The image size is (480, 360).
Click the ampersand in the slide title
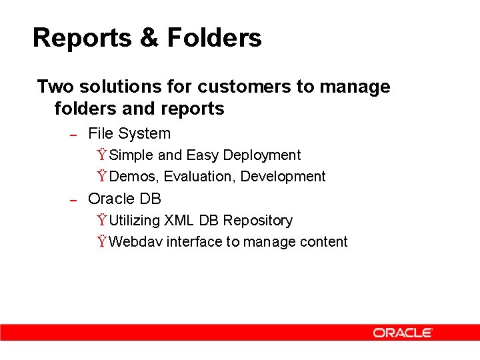click(149, 38)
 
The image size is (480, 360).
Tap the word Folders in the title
click(214, 38)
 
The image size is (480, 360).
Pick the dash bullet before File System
click(75, 135)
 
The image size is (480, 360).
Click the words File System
click(129, 133)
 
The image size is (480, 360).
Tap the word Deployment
click(262, 155)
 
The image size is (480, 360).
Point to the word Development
click(283, 177)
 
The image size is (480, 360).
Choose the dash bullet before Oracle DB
click(75, 200)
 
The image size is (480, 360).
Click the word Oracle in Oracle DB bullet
click(111, 199)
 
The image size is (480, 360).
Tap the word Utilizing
click(135, 221)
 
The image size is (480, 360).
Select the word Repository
click(258, 221)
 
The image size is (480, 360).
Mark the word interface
click(194, 242)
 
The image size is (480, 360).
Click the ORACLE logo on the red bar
click(403, 333)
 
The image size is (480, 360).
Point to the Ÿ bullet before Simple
click(101, 155)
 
